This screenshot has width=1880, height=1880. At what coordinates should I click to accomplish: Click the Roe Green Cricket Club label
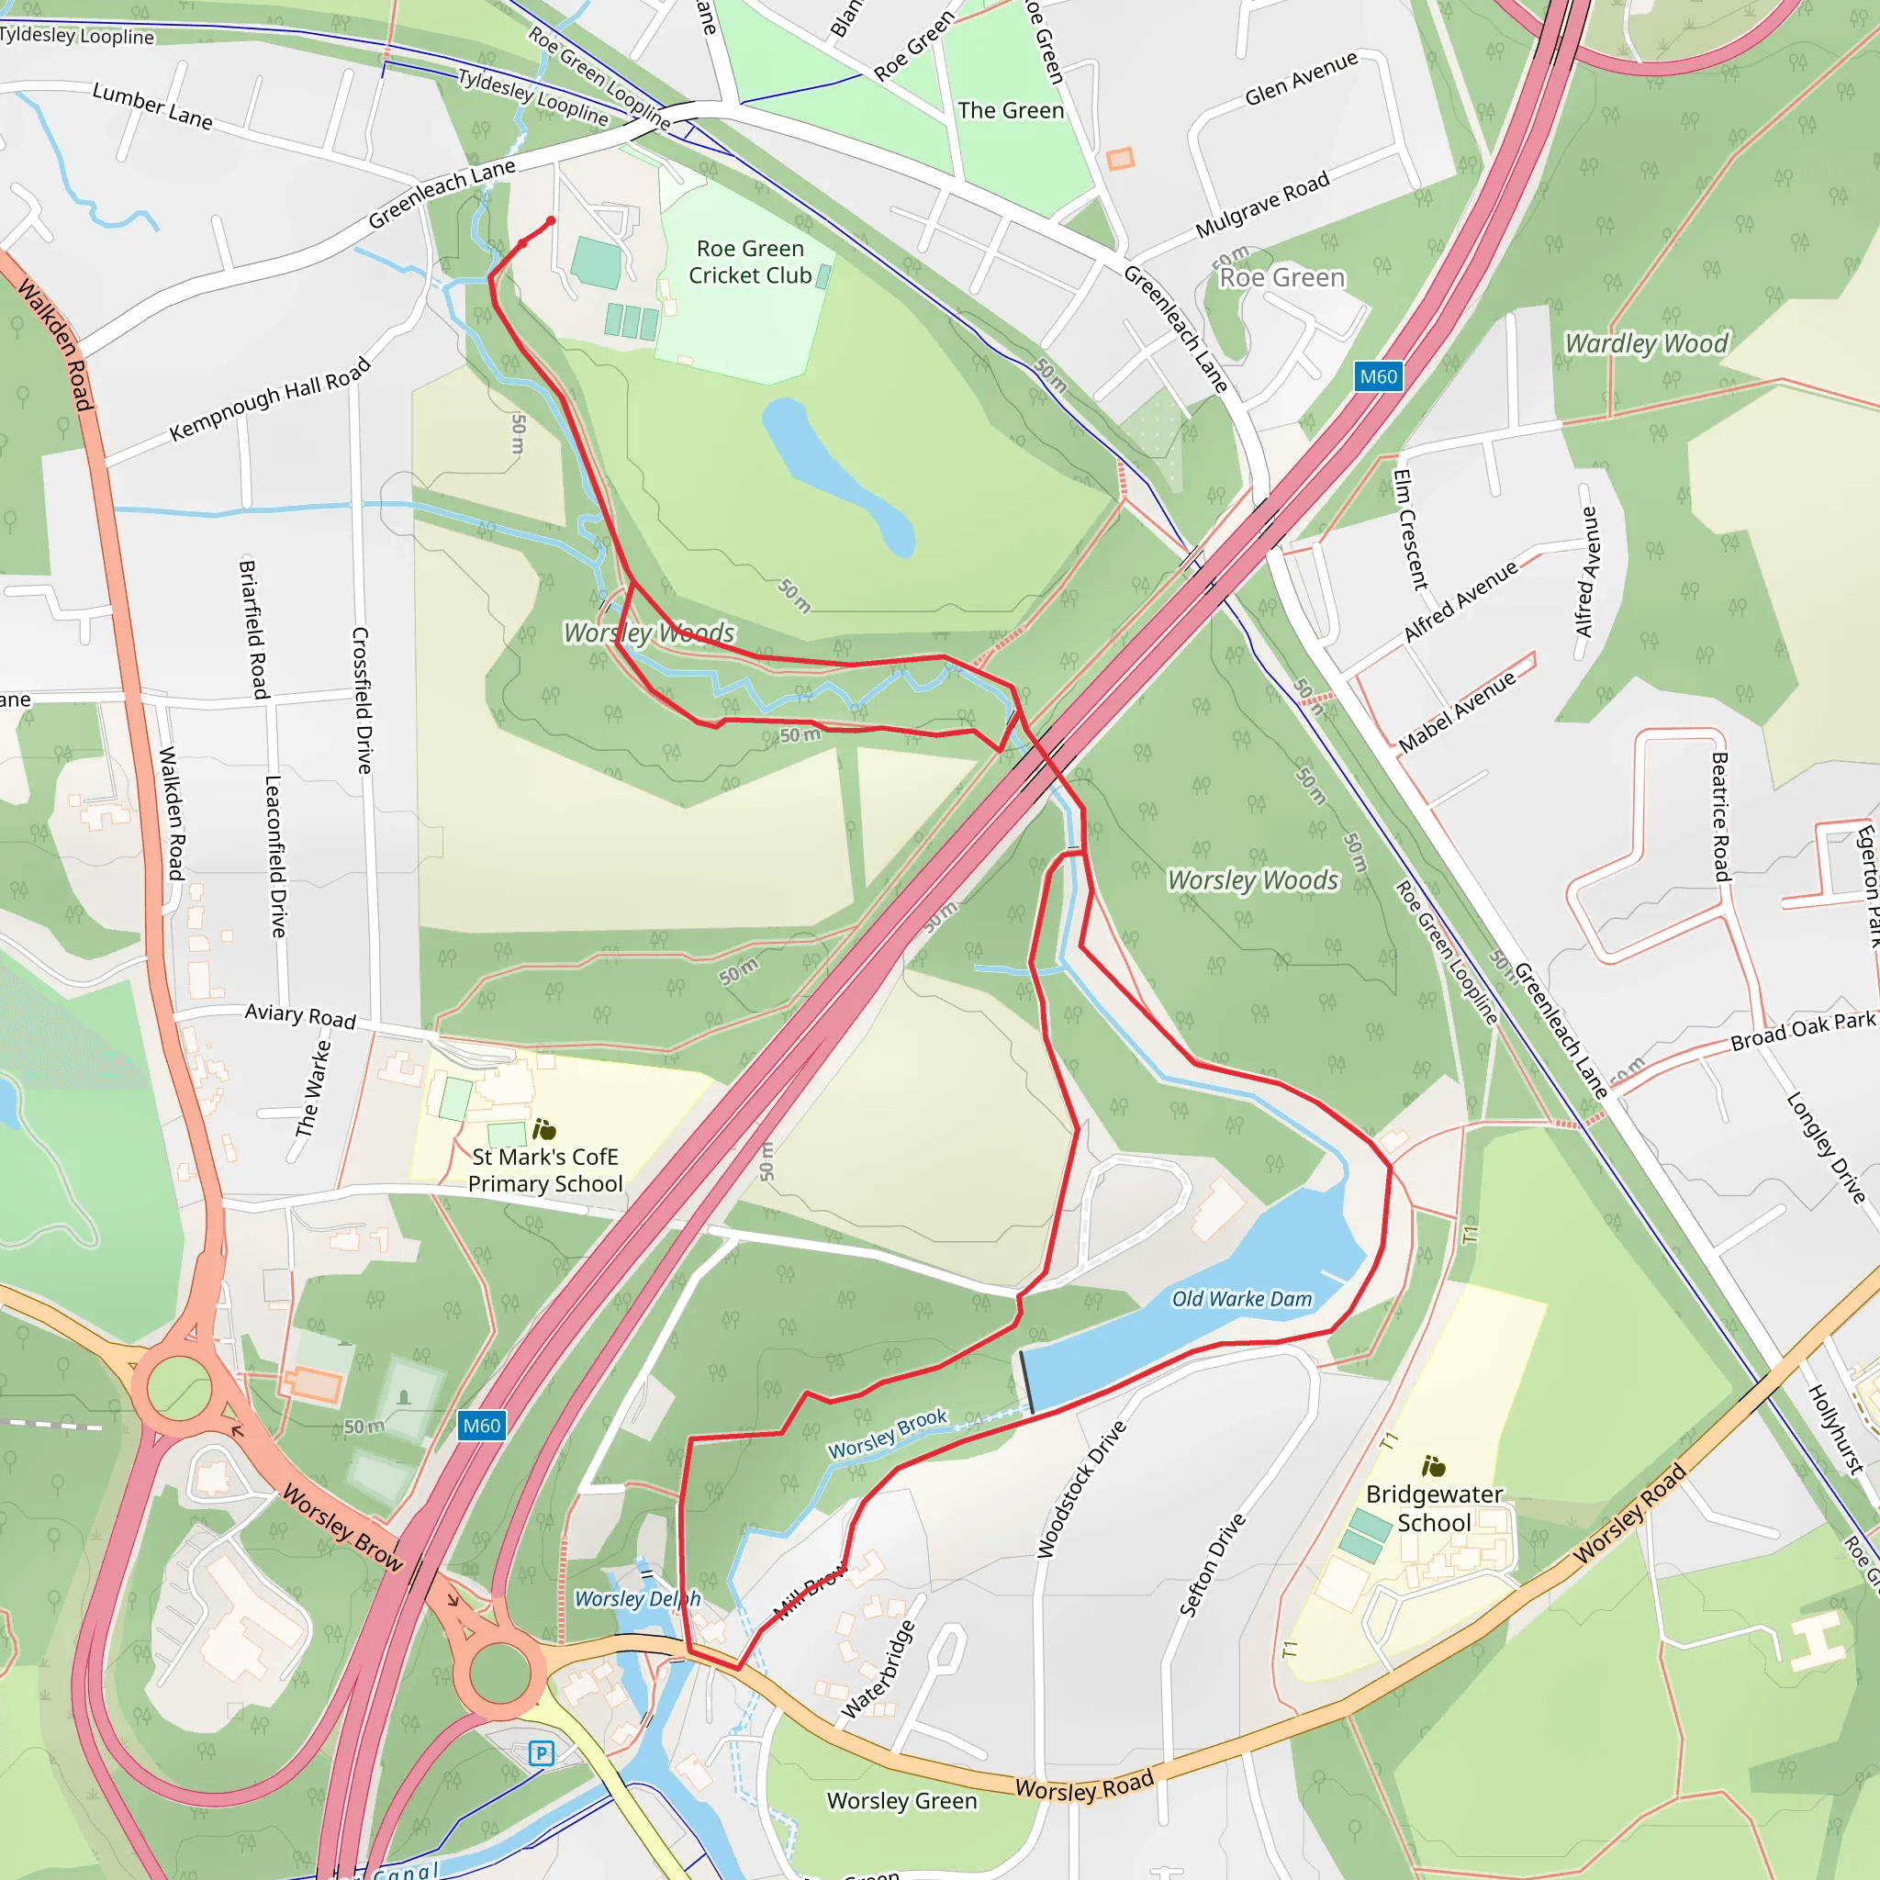tap(749, 263)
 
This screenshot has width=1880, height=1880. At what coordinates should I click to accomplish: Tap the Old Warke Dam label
tap(1241, 1299)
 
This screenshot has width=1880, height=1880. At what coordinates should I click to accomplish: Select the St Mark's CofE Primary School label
tap(545, 1169)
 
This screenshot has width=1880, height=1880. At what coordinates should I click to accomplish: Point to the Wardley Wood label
tap(1646, 343)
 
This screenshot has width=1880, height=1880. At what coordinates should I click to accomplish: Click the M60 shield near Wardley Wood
tap(1378, 376)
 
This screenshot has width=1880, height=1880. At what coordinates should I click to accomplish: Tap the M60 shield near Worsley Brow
tap(482, 1426)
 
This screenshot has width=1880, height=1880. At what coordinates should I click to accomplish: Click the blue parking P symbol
tap(541, 1753)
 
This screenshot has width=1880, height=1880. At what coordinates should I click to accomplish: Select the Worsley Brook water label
tap(887, 1433)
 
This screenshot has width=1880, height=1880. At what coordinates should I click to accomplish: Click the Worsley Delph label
tap(636, 1599)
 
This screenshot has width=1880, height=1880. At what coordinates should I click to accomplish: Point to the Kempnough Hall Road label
tap(270, 399)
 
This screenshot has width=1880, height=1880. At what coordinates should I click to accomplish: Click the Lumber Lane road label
tap(151, 105)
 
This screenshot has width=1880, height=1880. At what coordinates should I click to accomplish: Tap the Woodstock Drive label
tap(1081, 1489)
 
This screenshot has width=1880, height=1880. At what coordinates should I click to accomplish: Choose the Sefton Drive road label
tap(1212, 1565)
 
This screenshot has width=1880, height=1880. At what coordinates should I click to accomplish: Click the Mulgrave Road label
tap(1262, 206)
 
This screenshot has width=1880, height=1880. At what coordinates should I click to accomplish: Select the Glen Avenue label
tap(1301, 79)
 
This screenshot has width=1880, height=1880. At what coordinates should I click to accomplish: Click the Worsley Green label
tap(901, 1801)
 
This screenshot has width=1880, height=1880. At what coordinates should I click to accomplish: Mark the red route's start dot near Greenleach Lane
tap(551, 221)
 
